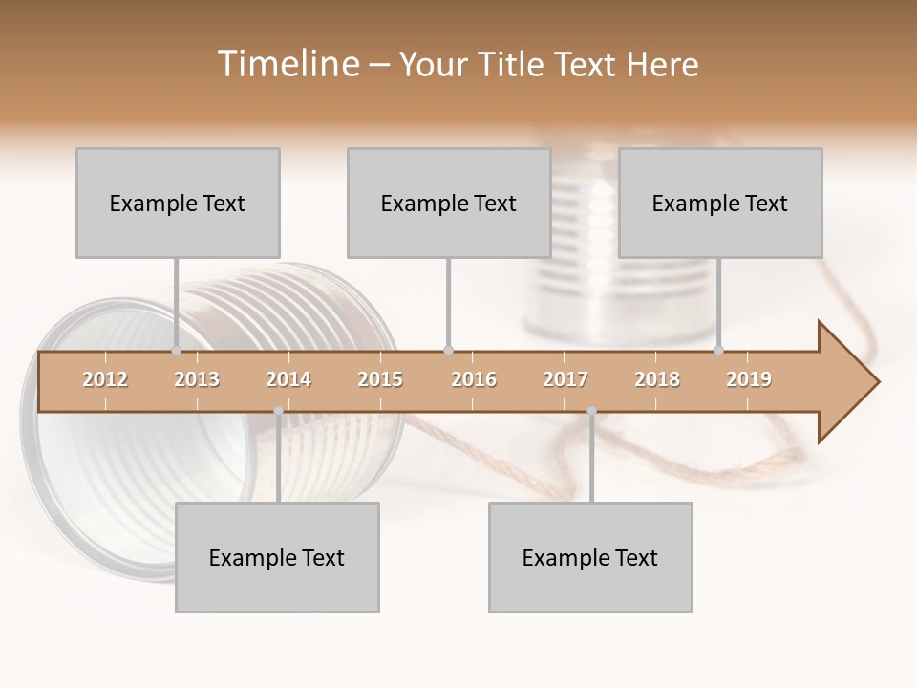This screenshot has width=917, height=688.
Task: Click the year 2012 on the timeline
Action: click(x=105, y=379)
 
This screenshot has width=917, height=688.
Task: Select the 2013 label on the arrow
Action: click(x=197, y=379)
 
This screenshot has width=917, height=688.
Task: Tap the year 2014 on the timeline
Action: click(x=288, y=379)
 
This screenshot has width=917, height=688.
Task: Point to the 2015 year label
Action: click(x=380, y=379)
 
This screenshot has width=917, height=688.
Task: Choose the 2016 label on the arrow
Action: click(x=474, y=379)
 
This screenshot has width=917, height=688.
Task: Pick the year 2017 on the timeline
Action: click(x=565, y=379)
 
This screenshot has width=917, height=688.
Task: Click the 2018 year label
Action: click(x=657, y=379)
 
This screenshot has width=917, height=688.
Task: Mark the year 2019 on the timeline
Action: click(x=749, y=379)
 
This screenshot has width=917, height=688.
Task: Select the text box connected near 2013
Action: click(x=178, y=203)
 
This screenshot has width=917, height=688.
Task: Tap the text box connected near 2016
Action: click(x=449, y=203)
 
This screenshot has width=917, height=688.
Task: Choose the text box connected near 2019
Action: click(x=720, y=203)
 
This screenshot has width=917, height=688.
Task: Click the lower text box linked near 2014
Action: click(x=277, y=557)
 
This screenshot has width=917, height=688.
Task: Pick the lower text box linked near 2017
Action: click(x=590, y=557)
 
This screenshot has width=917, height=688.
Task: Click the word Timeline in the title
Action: click(x=287, y=64)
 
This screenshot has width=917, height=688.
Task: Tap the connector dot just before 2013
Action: click(x=176, y=350)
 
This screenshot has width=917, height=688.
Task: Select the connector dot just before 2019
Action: click(x=718, y=350)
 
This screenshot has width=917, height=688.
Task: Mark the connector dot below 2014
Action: click(x=278, y=411)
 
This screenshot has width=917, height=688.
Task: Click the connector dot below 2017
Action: click(x=591, y=411)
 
